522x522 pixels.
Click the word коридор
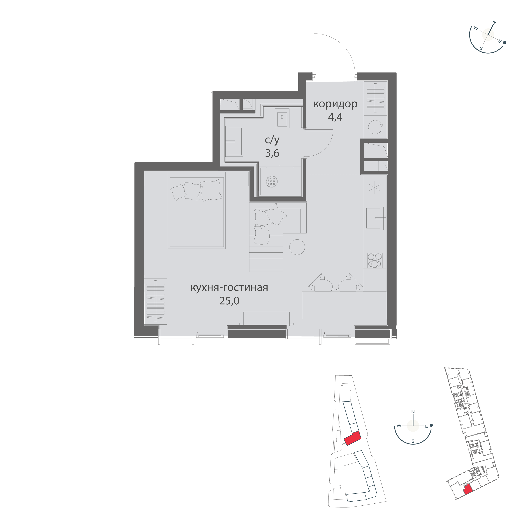335,104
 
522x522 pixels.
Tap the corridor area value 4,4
335,117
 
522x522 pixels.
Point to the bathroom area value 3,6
272,153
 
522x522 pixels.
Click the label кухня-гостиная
229,287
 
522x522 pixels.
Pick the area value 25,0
229,301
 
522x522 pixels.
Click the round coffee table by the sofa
297,247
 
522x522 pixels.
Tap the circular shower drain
272,181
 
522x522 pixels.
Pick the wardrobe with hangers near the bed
156,301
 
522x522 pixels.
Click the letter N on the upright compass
413,412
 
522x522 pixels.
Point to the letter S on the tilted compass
481,48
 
